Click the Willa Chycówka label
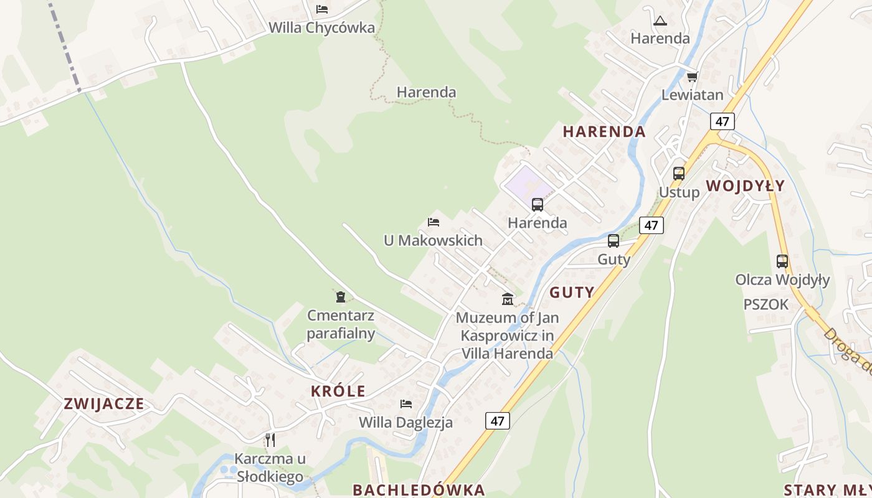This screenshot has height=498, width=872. point(321,28)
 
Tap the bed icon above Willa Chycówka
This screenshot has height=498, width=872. point(321,9)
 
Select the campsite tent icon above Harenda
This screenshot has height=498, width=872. point(660,21)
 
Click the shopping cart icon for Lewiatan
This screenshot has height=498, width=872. point(692,77)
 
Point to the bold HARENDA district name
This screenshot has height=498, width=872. point(604,132)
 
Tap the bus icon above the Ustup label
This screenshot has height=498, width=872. point(679,174)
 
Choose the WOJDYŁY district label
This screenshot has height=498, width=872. point(745,186)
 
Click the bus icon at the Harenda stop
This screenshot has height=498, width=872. point(537,204)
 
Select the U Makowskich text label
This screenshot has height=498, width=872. point(433,240)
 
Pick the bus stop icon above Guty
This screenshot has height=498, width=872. point(614,241)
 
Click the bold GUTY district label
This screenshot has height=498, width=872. point(572,292)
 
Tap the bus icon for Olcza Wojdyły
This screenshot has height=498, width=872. point(782,261)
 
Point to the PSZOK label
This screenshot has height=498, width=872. point(765,304)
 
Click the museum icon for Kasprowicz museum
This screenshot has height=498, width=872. point(508,299)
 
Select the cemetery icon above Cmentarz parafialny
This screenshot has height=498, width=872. point(341,297)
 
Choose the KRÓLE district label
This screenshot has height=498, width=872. point(338,392)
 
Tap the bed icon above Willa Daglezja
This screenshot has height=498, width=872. point(406,404)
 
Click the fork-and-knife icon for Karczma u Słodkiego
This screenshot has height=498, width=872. point(270,440)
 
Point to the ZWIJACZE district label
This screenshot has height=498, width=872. point(104,404)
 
